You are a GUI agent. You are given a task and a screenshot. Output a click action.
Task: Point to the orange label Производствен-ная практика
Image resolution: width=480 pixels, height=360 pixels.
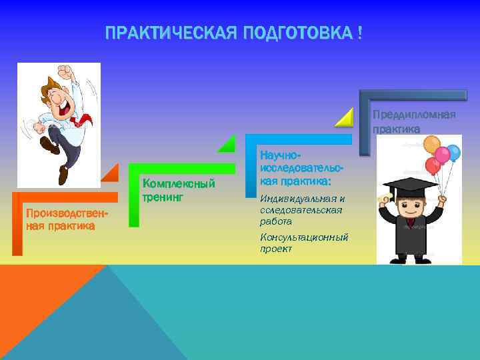59,219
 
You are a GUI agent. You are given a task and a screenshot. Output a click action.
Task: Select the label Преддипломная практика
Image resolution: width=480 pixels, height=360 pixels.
413,122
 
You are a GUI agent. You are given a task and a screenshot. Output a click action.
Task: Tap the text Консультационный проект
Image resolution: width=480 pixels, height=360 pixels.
303,243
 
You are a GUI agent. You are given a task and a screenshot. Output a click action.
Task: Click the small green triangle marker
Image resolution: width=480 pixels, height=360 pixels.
229,143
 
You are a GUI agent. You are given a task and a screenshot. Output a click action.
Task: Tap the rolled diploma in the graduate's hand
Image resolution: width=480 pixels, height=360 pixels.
383,199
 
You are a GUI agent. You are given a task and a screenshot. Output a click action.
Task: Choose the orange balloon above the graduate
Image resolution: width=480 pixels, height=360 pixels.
432,145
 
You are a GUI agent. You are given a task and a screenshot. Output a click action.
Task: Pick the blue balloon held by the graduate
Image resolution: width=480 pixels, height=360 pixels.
453,153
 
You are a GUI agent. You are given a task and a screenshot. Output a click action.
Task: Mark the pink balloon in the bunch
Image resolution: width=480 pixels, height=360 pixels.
442,155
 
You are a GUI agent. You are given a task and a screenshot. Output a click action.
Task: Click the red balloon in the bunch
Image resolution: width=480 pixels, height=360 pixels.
433,165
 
